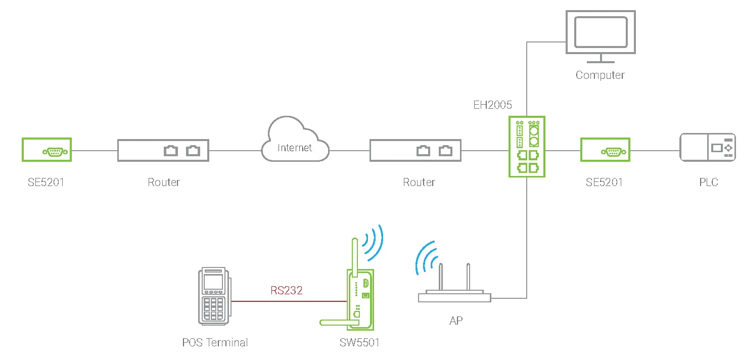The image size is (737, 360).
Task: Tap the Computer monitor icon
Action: [x=600, y=34]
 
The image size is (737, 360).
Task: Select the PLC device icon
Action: [x=707, y=147]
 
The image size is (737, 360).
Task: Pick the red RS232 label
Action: [x=286, y=291]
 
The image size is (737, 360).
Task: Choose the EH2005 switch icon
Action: [x=527, y=146]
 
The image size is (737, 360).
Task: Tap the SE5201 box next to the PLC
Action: [x=605, y=150]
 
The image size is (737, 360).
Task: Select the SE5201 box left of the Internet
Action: [x=47, y=150]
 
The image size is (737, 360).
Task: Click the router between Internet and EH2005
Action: [x=415, y=150]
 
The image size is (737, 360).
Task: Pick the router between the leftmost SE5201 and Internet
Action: [x=163, y=150]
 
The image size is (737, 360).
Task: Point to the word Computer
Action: [x=600, y=75]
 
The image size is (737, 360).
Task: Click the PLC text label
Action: [x=708, y=182]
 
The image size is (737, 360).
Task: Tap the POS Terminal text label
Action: [x=215, y=342]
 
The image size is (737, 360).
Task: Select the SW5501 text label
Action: [x=359, y=342]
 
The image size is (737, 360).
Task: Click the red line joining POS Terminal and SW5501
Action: [x=288, y=301]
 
